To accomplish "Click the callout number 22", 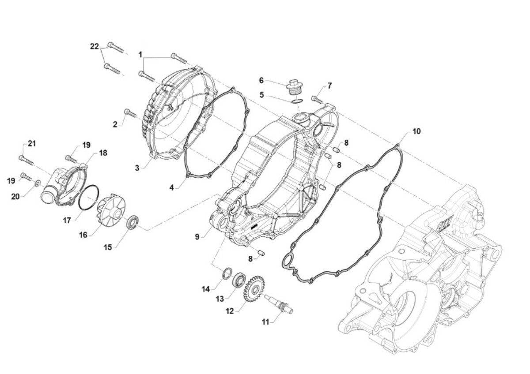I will pyautogui.click(x=95, y=47).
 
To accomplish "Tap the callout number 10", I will pyautogui.click(x=416, y=131).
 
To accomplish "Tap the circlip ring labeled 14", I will pyautogui.click(x=226, y=273).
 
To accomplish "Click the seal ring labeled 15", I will pyautogui.click(x=132, y=222).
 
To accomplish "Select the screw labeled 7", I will pyautogui.click(x=317, y=100).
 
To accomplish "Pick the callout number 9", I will pyautogui.click(x=197, y=237).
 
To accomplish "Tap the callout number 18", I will pyautogui.click(x=102, y=153).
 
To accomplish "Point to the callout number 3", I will pyautogui.click(x=137, y=168).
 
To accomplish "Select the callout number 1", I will pyautogui.click(x=140, y=55).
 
